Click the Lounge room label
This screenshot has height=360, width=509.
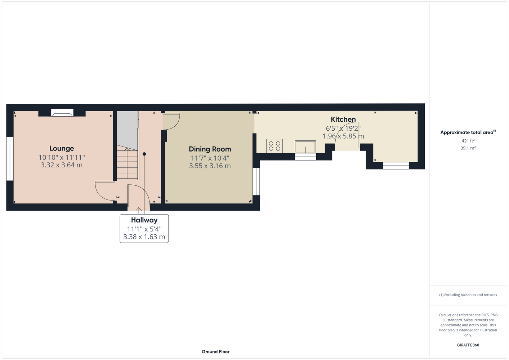tap(62, 148)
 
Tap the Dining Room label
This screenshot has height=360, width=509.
tap(210, 149)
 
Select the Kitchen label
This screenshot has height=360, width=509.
tap(343, 119)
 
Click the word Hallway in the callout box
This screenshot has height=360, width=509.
tap(144, 220)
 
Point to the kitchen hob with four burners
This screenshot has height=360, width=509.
tap(274, 146)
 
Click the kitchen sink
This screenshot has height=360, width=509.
tap(305, 147)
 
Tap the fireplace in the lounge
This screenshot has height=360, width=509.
tap(62, 113)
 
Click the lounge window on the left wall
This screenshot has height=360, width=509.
tap(10, 158)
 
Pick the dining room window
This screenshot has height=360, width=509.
tap(256, 181)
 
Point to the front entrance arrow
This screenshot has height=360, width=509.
tap(138, 210)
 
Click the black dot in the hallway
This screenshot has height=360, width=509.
tap(144, 154)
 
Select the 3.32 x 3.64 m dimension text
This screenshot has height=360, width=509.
tap(62, 165)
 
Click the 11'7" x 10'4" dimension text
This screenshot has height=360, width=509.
tap(210, 158)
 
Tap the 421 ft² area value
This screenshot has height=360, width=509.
tap(468, 141)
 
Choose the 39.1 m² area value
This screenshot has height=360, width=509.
tap(468, 148)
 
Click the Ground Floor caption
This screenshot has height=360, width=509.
tap(215, 352)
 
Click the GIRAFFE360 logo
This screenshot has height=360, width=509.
tap(468, 345)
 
